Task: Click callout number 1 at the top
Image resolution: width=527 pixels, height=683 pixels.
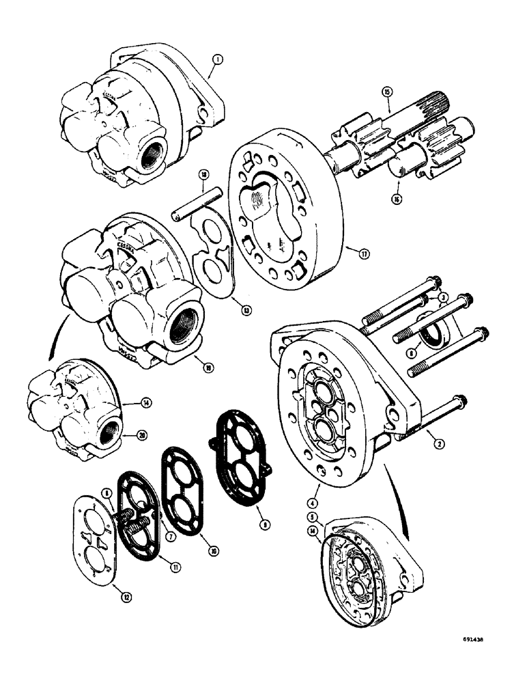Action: pyautogui.click(x=216, y=60)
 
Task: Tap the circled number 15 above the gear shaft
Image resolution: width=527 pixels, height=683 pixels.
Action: pyautogui.click(x=386, y=92)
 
